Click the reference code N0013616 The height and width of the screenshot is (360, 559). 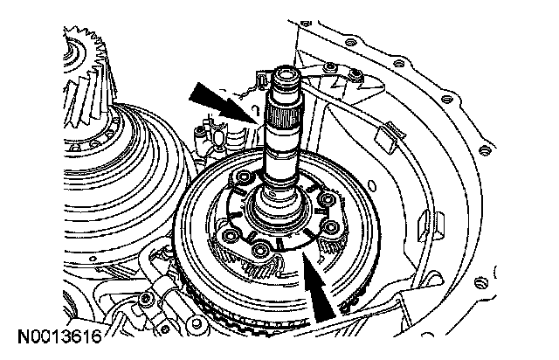pos(58,336)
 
